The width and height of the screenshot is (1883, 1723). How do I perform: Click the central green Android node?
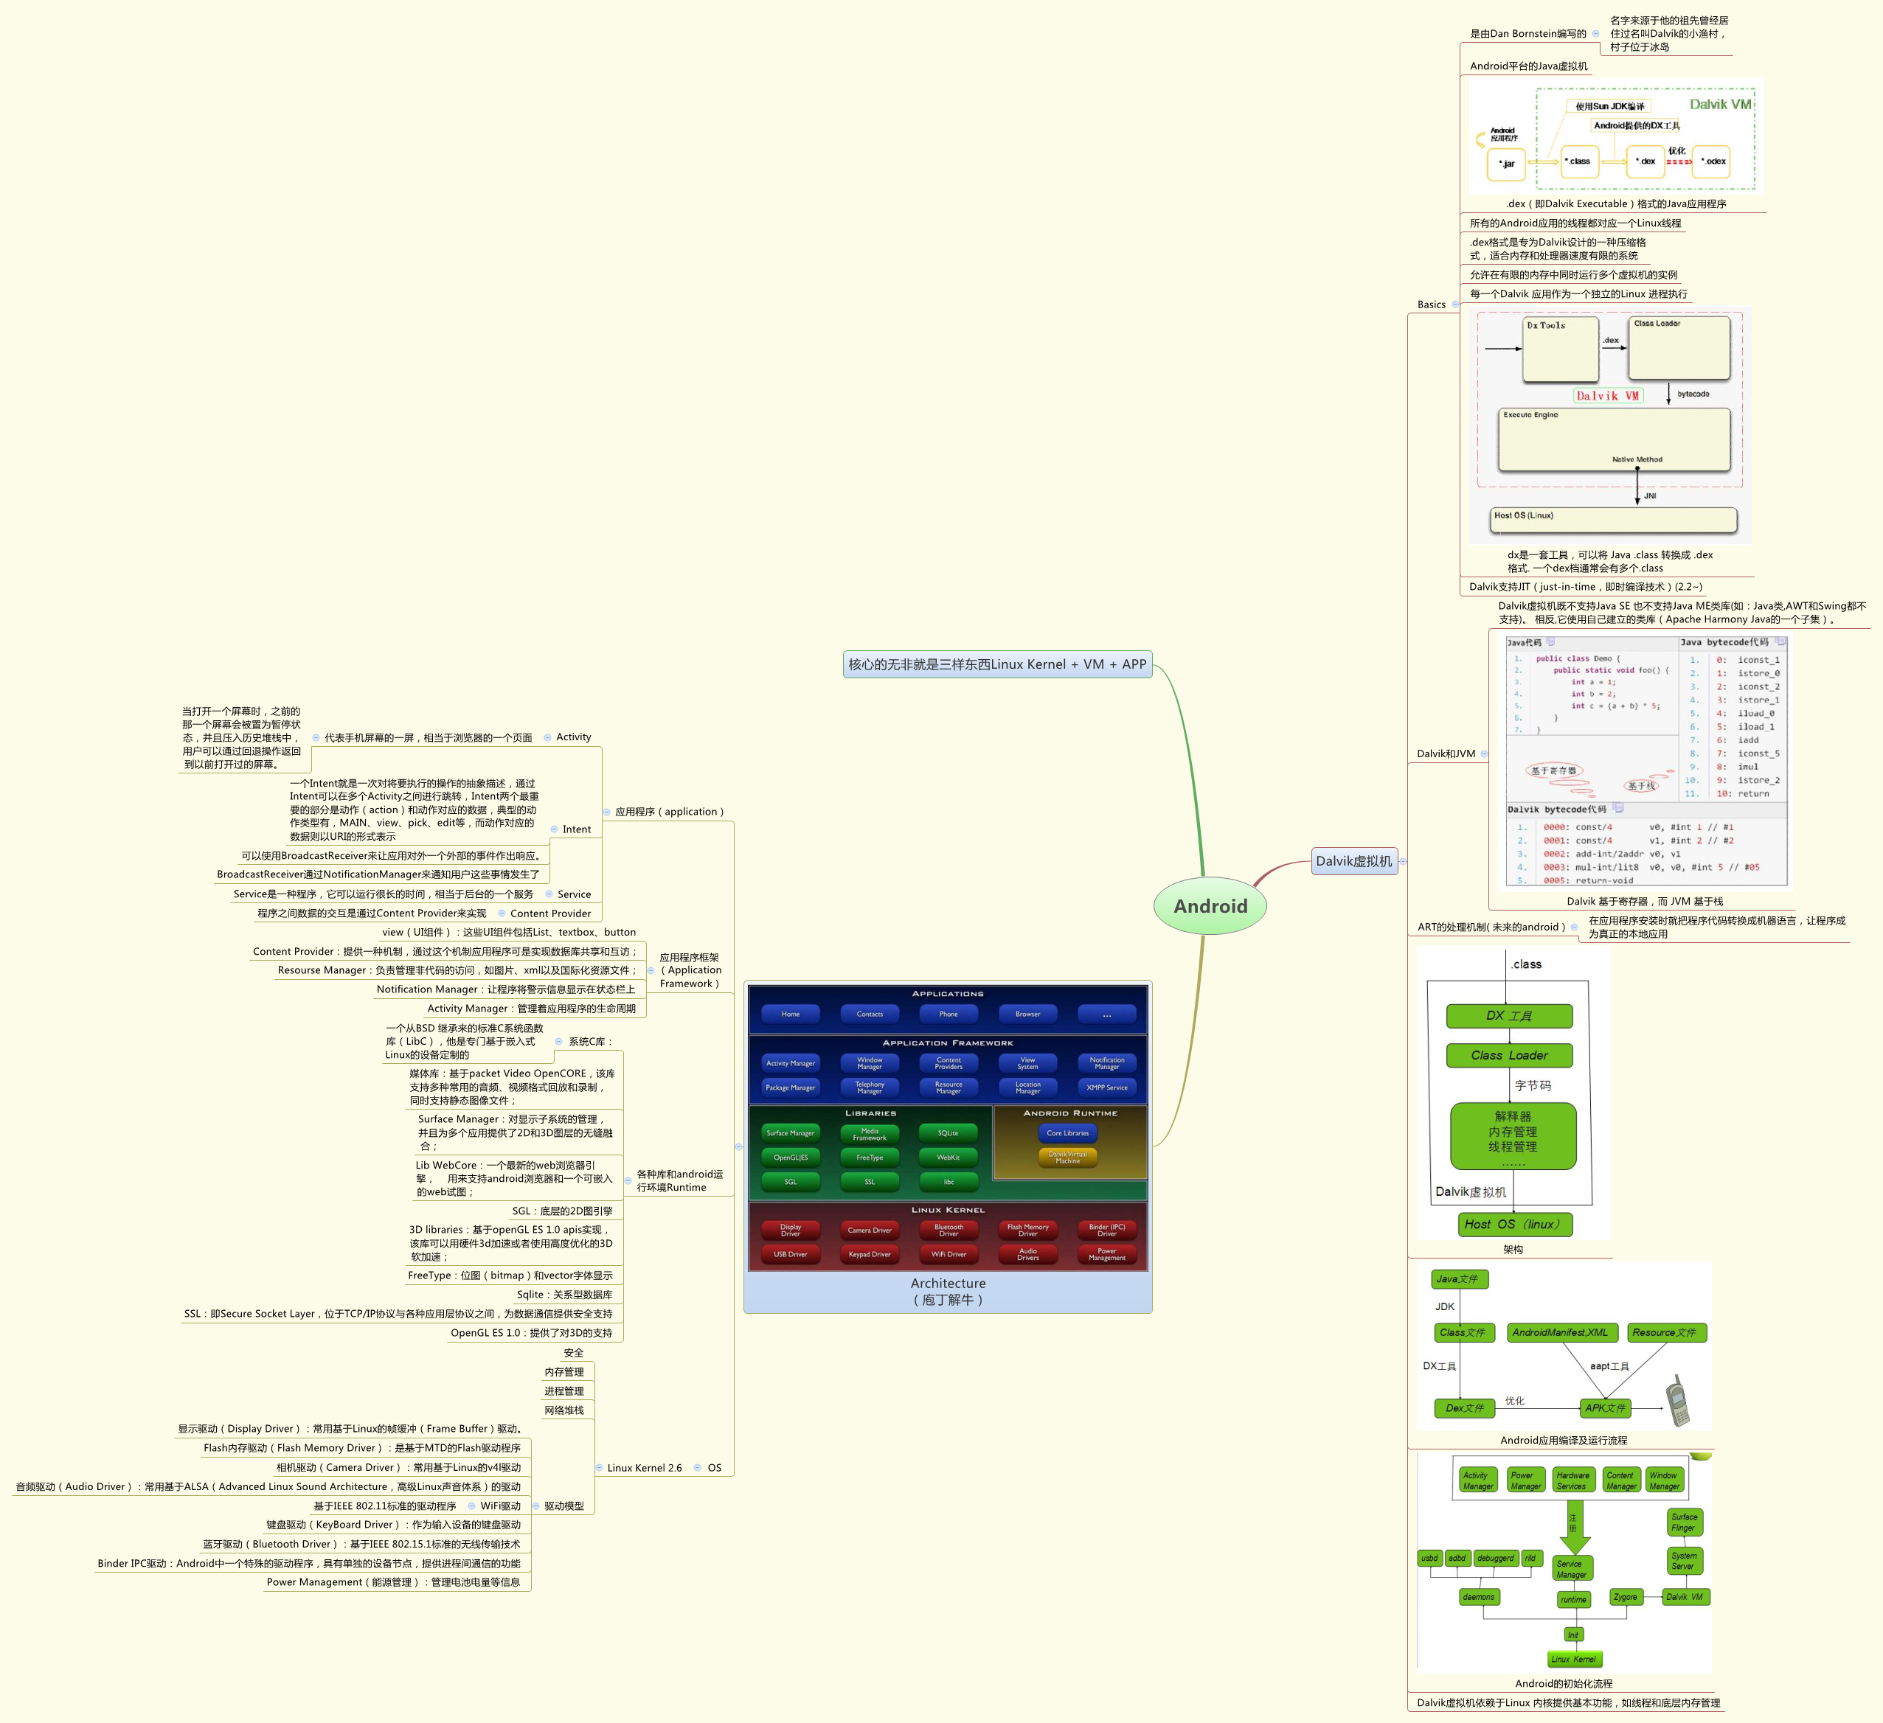point(1210,906)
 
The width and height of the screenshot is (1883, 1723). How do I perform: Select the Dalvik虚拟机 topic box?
point(1353,861)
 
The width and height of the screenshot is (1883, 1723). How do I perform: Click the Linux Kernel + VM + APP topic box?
point(996,664)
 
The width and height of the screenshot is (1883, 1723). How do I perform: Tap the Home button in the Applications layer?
point(790,1013)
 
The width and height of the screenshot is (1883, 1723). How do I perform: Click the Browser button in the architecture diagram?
point(1027,1013)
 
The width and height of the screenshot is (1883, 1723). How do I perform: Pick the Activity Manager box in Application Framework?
point(790,1062)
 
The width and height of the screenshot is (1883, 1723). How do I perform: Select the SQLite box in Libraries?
point(948,1132)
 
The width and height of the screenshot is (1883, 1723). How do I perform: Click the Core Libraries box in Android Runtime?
point(1067,1132)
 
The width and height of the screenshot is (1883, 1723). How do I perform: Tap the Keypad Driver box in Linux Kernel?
point(870,1254)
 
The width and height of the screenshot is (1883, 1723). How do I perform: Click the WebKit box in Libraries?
point(948,1157)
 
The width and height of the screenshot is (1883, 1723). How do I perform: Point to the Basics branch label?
point(1431,304)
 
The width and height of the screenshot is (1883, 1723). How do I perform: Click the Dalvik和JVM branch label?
point(1446,753)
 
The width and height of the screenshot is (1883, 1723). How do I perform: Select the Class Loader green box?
point(1509,1055)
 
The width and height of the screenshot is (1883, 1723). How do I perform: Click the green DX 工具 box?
point(1509,1016)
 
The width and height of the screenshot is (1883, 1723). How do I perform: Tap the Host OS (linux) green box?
point(1513,1225)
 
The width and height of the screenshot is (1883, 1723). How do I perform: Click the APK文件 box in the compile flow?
point(1606,1407)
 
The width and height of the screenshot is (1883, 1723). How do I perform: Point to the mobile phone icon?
point(1679,1401)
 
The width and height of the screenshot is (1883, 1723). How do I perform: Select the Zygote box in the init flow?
point(1625,1597)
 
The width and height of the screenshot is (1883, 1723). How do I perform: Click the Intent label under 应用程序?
point(576,829)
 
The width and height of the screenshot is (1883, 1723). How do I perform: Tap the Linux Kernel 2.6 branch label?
point(645,1468)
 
